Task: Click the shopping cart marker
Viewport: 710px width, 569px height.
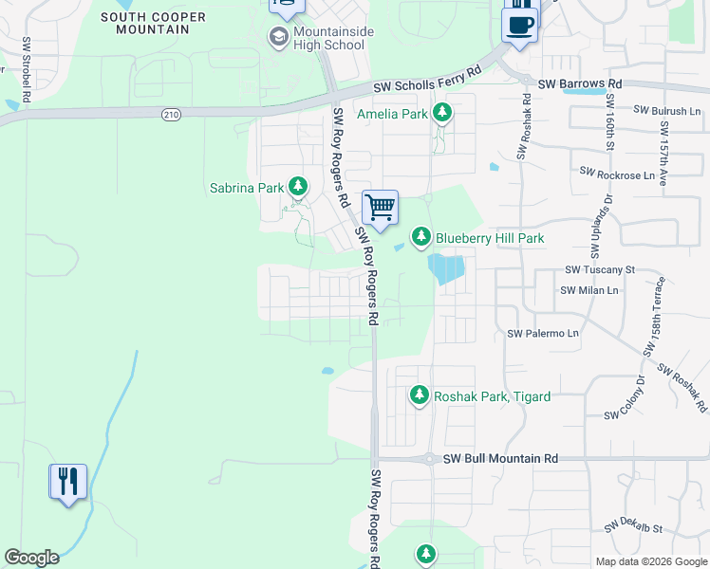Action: (x=380, y=207)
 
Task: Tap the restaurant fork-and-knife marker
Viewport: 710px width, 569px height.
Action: (x=67, y=482)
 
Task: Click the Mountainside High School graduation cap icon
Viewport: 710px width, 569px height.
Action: (x=278, y=37)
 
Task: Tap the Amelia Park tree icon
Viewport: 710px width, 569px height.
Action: (x=441, y=114)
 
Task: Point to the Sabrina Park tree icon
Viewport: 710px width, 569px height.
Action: (x=298, y=186)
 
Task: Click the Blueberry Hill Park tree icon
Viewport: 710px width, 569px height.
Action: (x=420, y=236)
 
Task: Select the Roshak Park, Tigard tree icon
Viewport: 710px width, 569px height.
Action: (x=419, y=395)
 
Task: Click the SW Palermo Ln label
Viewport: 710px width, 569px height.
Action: (x=543, y=334)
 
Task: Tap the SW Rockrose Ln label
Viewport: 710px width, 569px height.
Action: (x=617, y=174)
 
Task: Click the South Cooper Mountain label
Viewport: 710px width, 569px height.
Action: (x=145, y=23)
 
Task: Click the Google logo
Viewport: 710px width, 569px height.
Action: (x=31, y=558)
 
